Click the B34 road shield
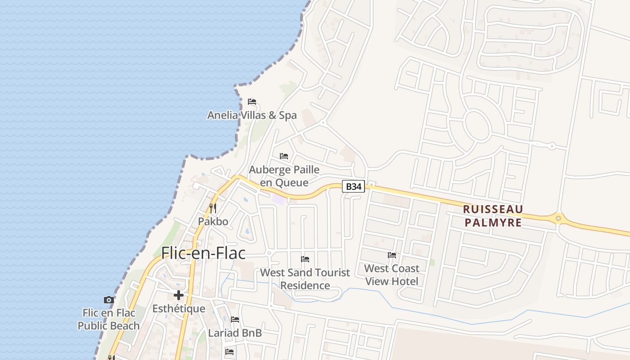point(353,186)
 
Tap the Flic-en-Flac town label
point(203,253)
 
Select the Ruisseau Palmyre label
point(493,216)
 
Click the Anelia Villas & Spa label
point(252,115)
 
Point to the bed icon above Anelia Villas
point(252,102)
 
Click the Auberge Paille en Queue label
point(284,176)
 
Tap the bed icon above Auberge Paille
point(284,156)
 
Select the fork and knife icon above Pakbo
point(213,208)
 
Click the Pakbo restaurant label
point(213,221)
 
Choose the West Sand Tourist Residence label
point(305,279)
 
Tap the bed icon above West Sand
point(305,259)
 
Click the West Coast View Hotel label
point(391,274)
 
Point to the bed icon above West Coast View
point(392,255)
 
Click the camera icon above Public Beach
point(108,300)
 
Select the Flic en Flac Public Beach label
point(108,319)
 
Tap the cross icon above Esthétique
point(179,295)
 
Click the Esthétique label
point(179,309)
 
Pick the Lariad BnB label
point(235,333)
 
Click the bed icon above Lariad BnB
point(235,319)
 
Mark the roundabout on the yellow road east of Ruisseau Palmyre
point(558,219)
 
